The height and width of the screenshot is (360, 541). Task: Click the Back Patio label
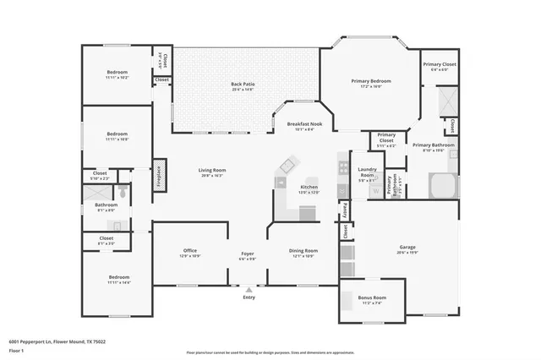(x=243, y=84)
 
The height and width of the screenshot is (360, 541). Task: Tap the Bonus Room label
(x=371, y=298)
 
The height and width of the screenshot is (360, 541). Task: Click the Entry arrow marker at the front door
(x=249, y=289)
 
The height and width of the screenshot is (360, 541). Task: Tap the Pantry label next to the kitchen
(x=346, y=208)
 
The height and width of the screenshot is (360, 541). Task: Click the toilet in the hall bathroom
(x=123, y=193)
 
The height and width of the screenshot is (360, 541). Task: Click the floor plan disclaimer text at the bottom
(x=270, y=352)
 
